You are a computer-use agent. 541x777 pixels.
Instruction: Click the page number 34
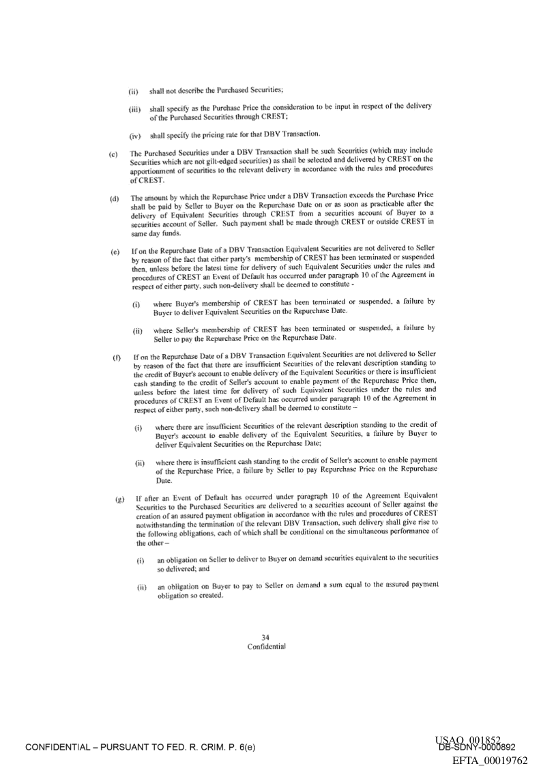pos(266,637)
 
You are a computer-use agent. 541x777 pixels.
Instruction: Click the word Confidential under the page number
pos(266,647)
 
